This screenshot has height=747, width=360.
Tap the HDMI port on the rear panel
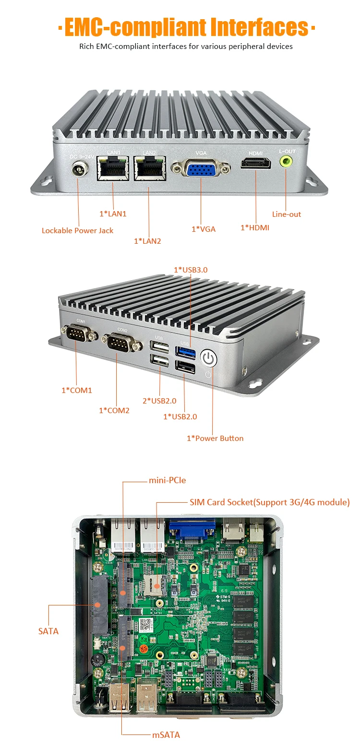click(255, 165)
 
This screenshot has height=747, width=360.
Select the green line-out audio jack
click(287, 162)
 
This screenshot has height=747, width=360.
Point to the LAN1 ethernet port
click(112, 168)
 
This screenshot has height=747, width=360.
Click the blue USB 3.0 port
click(187, 353)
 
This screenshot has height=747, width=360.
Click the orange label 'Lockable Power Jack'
click(77, 231)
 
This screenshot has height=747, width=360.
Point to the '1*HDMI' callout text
click(255, 227)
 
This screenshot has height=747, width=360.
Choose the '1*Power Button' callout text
click(215, 438)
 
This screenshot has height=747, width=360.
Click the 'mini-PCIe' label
click(167, 480)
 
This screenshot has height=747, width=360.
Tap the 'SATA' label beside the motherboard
click(48, 631)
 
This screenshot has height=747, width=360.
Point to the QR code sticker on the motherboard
click(146, 625)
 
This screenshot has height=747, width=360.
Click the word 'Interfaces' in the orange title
click(255, 27)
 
